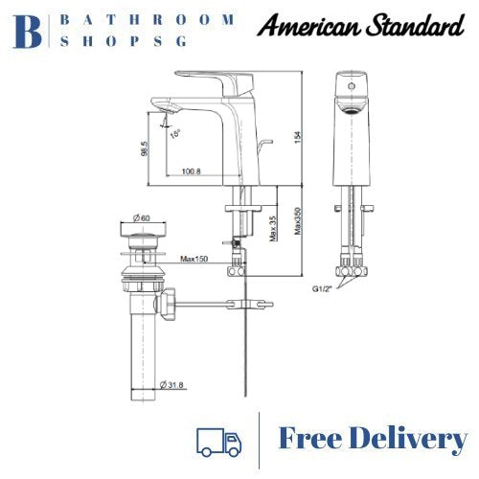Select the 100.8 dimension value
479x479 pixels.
pyautogui.click(x=190, y=171)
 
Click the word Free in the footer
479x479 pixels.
pyautogui.click(x=316, y=440)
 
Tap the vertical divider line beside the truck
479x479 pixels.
pyautogui.click(x=261, y=439)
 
